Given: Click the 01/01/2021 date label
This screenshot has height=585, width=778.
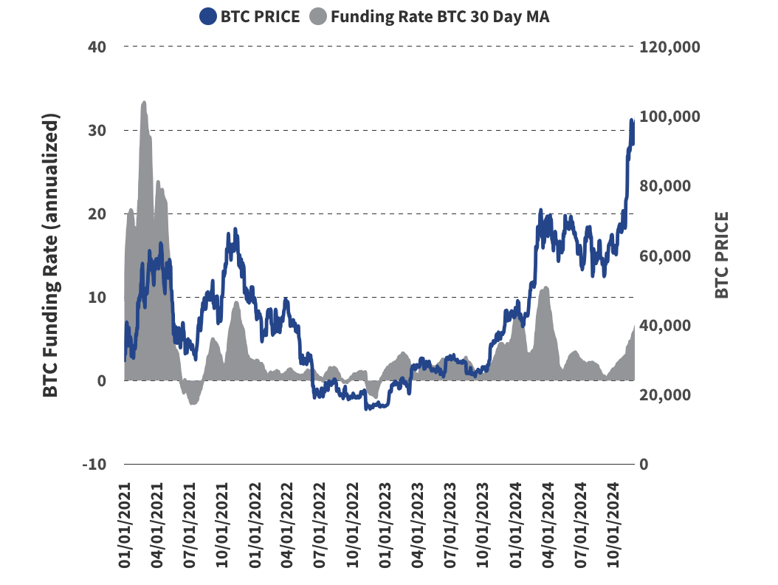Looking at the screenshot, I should pyautogui.click(x=126, y=525).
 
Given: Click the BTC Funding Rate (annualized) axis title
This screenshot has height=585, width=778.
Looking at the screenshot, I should pyautogui.click(x=50, y=256).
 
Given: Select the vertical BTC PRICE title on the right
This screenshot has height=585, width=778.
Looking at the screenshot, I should pyautogui.click(x=722, y=256).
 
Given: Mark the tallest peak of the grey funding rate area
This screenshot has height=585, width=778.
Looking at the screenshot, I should pyautogui.click(x=143, y=103).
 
